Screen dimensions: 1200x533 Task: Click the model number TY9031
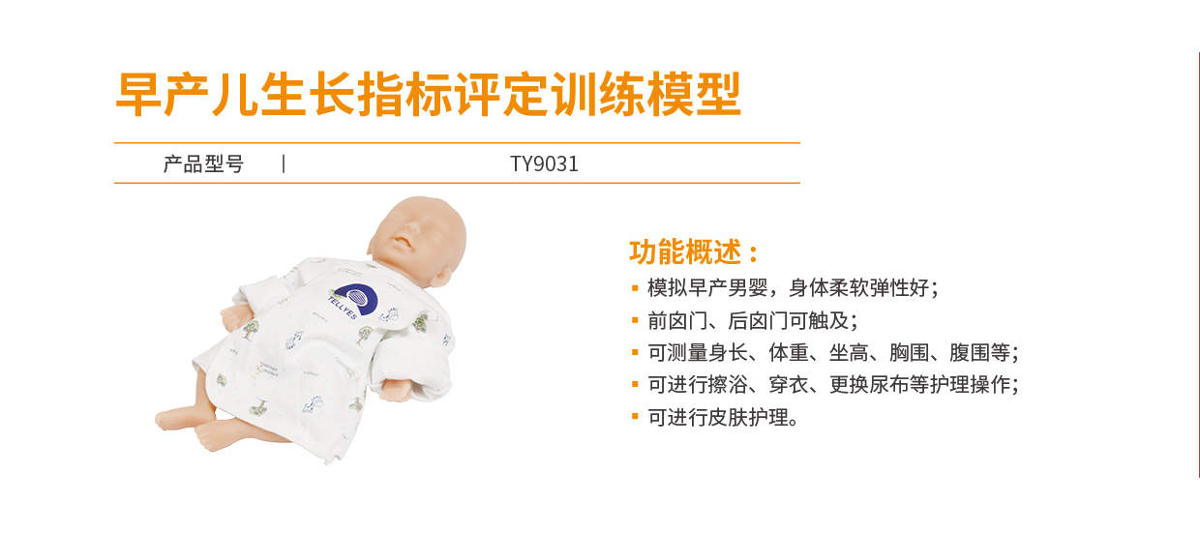point(544,163)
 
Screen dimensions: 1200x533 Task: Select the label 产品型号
point(203,163)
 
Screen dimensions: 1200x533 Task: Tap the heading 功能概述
point(693,252)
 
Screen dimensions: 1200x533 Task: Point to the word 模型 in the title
point(694,94)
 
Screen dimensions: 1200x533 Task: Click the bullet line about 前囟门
point(752,321)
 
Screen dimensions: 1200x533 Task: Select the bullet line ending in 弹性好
point(793,288)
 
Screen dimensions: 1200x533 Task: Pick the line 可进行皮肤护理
point(723,417)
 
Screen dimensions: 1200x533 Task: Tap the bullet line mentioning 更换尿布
point(832,385)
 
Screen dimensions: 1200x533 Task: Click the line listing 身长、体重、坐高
point(832,353)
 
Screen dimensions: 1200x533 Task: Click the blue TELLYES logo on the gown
point(354,301)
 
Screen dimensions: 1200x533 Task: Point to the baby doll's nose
point(410,231)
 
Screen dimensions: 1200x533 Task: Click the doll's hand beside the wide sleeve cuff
point(396,389)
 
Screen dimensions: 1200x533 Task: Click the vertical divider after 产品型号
point(284,163)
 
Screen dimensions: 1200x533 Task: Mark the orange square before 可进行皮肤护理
point(635,417)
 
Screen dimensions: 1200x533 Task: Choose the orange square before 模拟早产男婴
point(635,288)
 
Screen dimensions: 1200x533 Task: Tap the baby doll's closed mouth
point(404,245)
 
